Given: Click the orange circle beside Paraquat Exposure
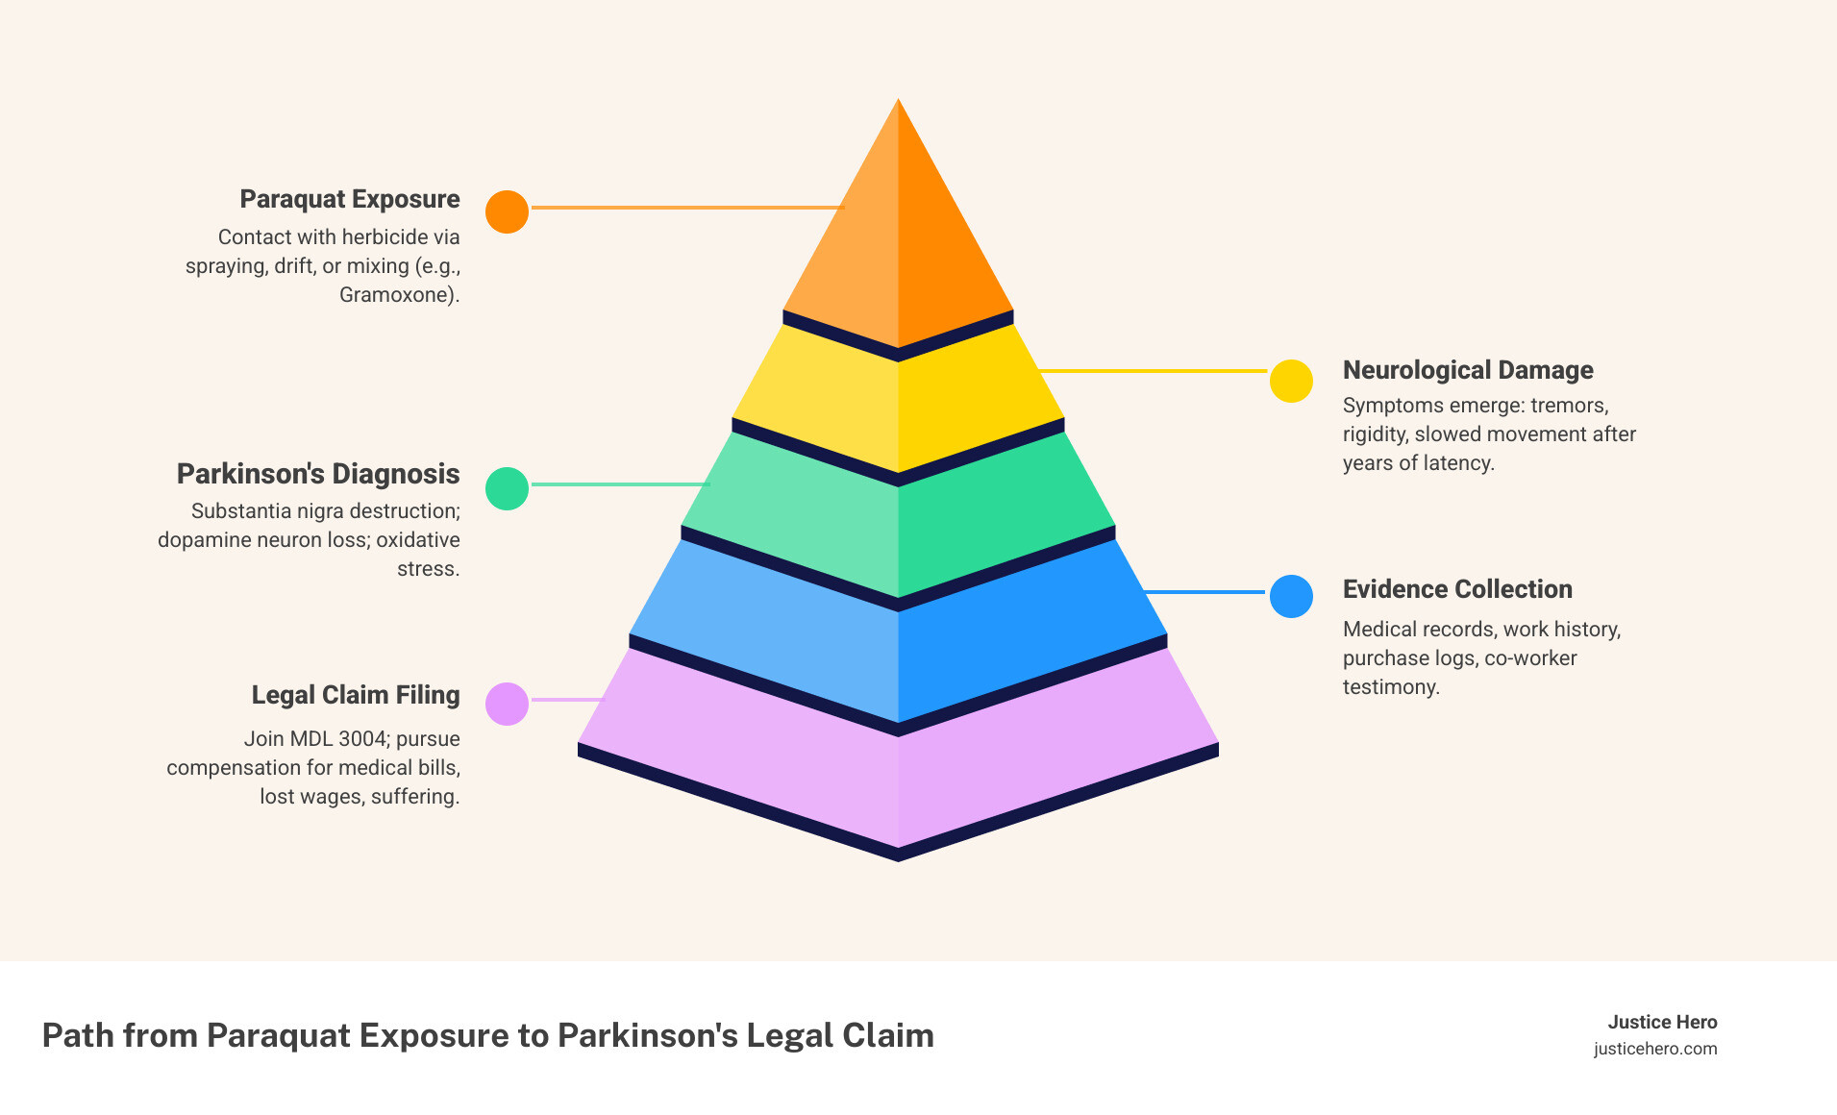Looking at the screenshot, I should [x=507, y=211].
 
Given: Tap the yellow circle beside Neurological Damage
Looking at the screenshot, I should [x=1291, y=382].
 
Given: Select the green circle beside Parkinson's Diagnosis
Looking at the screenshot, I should [x=507, y=488].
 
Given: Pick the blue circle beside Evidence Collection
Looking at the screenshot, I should [x=1291, y=596].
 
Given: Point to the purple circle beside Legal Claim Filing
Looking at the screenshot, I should [x=507, y=704].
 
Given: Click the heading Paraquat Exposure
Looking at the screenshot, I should [x=350, y=199].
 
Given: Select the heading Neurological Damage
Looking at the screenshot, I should [x=1467, y=370].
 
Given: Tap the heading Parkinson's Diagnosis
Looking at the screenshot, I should [x=318, y=474].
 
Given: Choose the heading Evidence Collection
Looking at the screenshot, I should [x=1456, y=589].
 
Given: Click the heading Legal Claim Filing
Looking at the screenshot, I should [x=356, y=695].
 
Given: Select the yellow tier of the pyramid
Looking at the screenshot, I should [x=898, y=404].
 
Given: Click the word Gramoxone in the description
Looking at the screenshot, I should [x=395, y=295].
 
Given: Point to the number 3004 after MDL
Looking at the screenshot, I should [x=365, y=739].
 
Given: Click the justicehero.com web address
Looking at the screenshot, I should [x=1654, y=1049].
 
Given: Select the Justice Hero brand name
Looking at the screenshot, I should [x=1662, y=1022].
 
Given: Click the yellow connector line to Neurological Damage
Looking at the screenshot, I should [x=1154, y=370].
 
